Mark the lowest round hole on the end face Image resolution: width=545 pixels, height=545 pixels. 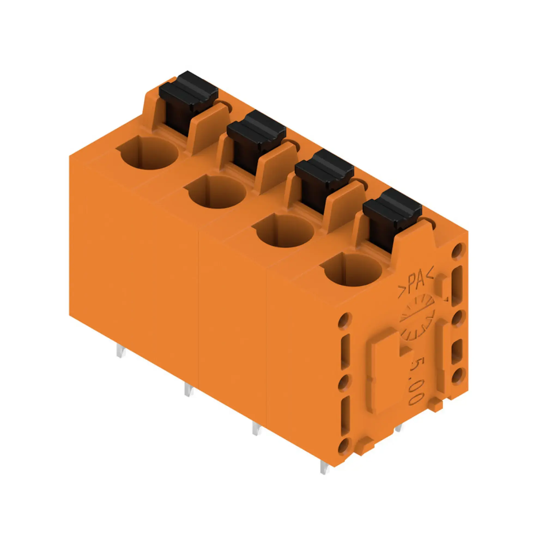coord(346,454)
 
